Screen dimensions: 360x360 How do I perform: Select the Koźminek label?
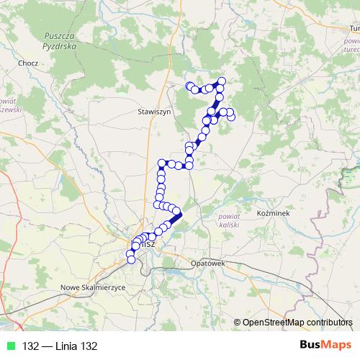tap(273, 215)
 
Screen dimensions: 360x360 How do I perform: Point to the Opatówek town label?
tap(209, 264)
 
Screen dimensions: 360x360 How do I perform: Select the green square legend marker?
tap(9, 346)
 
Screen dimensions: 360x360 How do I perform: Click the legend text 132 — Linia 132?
tap(58, 346)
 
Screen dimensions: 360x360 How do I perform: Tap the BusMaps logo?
tap(325, 346)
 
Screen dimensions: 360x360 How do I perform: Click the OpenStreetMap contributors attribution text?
tap(297, 322)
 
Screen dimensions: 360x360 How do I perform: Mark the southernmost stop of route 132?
tap(130, 259)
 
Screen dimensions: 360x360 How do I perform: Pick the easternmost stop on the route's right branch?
tap(231, 117)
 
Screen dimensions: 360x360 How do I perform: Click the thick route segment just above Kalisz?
tap(176, 216)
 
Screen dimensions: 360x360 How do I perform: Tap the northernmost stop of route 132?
tap(221, 81)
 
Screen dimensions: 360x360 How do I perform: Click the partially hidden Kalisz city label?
tap(146, 245)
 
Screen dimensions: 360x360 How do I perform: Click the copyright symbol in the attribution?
tap(238, 323)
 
